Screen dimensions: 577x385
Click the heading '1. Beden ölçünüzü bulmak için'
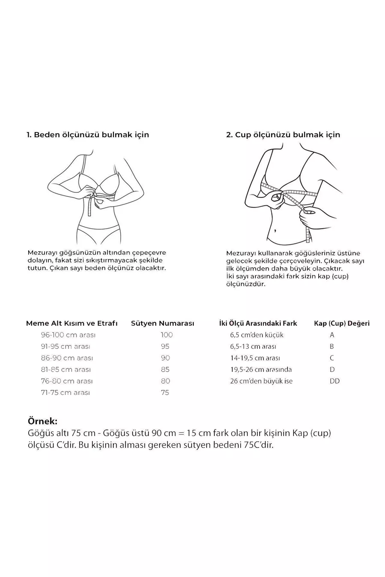[x=88, y=135]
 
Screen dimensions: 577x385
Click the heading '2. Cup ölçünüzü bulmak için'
[x=283, y=135]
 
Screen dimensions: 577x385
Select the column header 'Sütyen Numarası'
[x=163, y=324]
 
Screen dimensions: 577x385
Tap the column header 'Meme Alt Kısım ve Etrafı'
[x=72, y=324]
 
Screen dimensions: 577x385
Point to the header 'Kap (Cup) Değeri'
[x=342, y=324]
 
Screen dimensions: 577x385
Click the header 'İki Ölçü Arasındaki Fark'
[x=258, y=324]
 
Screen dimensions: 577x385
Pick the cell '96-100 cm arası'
[x=68, y=335]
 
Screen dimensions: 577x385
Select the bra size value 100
[x=166, y=335]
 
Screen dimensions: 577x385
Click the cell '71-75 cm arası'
[x=65, y=393]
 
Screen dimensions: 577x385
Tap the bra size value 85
[x=165, y=370]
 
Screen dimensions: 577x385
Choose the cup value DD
[x=335, y=381]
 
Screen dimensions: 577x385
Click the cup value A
[x=332, y=335]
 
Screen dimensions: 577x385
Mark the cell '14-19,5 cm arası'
[x=255, y=358]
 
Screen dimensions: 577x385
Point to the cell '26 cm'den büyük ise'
[x=261, y=381]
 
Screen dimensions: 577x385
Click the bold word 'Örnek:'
[x=42, y=421]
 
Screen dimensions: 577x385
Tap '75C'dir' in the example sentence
[x=258, y=445]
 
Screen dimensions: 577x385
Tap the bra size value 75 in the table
[x=165, y=393]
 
